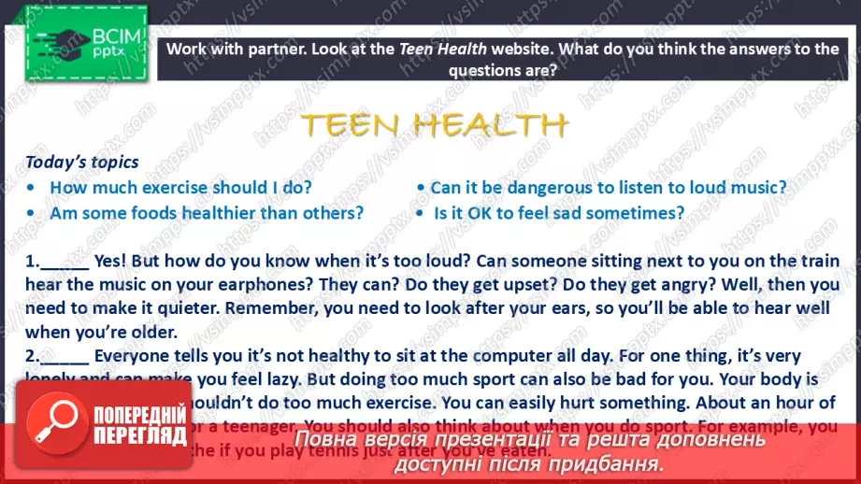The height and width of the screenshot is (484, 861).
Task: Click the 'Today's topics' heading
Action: click(x=82, y=163)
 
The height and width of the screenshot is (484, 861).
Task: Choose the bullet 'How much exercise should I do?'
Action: click(x=180, y=187)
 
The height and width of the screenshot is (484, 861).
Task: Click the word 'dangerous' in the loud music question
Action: click(x=540, y=187)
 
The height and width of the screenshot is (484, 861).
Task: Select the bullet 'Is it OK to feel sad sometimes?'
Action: click(x=559, y=212)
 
